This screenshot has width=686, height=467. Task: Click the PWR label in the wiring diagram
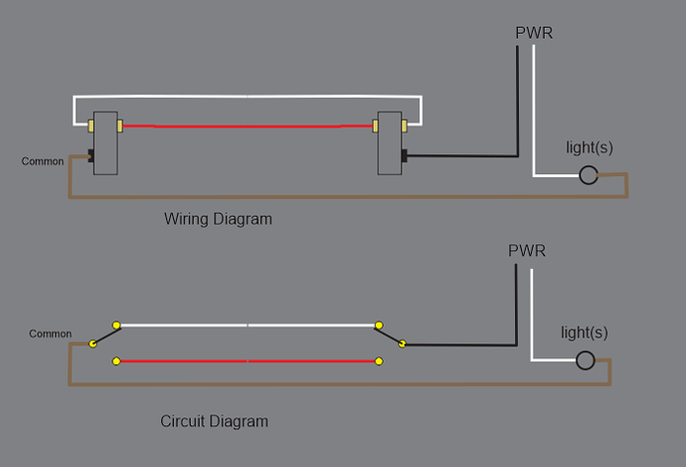534,33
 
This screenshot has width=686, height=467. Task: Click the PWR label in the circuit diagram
527,250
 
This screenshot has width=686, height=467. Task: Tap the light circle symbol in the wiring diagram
589,176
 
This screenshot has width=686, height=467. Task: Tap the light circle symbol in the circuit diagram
588,360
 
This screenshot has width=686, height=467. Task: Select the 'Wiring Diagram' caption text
218,219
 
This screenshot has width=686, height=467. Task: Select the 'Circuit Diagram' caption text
214,421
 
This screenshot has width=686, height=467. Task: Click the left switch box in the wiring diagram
105,142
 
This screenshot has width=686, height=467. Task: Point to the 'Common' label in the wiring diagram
43,161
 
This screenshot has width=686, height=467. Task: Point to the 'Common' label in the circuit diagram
51,334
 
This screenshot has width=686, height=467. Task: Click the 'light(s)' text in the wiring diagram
590,147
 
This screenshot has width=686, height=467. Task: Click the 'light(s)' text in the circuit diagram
585,332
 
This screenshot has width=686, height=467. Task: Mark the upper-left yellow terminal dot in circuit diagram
117,325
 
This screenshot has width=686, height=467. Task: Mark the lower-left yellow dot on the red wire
117,360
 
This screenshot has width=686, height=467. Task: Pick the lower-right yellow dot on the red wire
380,360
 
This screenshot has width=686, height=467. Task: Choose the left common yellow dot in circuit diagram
92,344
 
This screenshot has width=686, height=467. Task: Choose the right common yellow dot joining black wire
403,344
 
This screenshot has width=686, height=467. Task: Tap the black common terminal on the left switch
89,156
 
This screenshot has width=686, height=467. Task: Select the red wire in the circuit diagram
249,360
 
